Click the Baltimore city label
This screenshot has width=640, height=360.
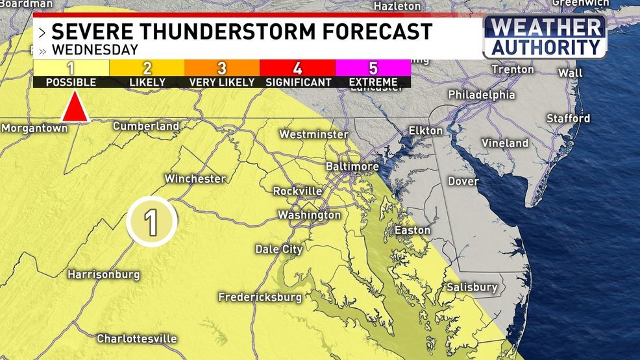coord(352,167)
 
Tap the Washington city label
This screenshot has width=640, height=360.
coord(309,215)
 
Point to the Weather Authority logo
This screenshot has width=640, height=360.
coord(545,38)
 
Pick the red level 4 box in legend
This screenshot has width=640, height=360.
coord(297,68)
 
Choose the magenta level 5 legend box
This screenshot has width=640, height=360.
coord(373,68)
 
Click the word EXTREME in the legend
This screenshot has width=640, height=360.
coord(373,83)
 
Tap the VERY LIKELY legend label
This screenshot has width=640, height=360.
coord(222,83)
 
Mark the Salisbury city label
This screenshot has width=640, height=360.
coord(471,287)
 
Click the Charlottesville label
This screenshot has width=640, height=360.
coord(136,339)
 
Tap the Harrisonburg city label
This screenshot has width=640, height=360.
coord(103,274)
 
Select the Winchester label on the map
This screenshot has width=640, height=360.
coord(195,178)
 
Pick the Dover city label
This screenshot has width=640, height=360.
coord(463,182)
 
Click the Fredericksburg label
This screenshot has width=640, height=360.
coord(260,297)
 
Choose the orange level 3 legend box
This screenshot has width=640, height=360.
coord(222,68)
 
